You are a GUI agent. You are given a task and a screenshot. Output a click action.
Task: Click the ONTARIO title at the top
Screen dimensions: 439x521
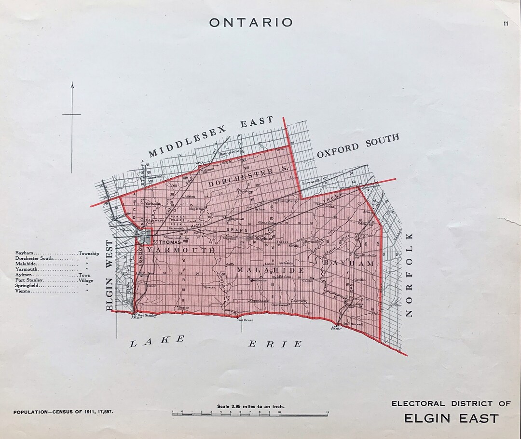(251, 22)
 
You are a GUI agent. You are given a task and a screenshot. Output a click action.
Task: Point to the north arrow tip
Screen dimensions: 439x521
(72, 84)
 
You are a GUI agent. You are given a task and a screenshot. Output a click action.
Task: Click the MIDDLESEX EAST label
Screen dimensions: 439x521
(211, 136)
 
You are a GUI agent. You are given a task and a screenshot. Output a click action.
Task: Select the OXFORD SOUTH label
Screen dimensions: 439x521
(358, 146)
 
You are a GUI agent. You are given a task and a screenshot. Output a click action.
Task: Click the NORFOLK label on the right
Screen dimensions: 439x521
(410, 275)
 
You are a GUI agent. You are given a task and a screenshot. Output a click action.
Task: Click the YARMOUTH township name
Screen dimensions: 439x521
(180, 250)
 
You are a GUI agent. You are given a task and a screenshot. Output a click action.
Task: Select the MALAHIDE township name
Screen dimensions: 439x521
(270, 270)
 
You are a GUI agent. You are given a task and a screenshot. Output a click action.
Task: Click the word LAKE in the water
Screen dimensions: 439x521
(157, 341)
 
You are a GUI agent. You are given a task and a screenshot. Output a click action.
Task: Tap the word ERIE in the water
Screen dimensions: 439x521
(275, 344)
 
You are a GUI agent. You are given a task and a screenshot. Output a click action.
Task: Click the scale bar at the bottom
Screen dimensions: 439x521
(250, 413)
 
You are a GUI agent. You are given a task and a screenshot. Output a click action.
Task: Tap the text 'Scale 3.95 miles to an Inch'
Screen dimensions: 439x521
(250, 406)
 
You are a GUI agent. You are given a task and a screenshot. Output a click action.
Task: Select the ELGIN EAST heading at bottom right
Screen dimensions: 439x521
(451, 418)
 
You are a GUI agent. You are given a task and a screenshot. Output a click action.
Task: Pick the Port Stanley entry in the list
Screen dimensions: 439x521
(29, 280)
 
